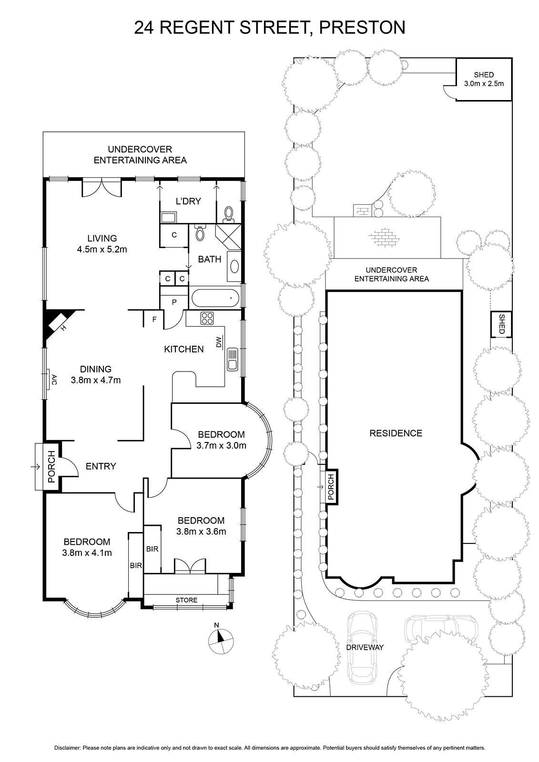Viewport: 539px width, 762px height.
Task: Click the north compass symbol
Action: (x=221, y=640)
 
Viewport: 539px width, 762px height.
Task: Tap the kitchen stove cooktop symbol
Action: (x=207, y=318)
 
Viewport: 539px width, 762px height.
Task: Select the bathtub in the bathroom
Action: (x=215, y=298)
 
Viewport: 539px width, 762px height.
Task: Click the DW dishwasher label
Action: (x=219, y=342)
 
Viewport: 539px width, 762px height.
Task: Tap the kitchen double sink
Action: (x=233, y=359)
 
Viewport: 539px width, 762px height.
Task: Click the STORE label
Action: (x=186, y=600)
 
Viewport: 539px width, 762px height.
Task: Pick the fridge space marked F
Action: (x=154, y=320)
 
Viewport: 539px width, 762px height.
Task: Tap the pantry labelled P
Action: (x=174, y=302)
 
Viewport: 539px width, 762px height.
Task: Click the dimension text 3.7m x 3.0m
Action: (x=221, y=445)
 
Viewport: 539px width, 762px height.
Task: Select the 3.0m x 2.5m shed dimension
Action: (x=484, y=83)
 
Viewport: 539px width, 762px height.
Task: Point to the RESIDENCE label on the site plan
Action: (x=396, y=433)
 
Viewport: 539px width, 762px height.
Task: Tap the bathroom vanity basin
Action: (x=234, y=266)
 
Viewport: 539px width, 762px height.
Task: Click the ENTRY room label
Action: (x=101, y=466)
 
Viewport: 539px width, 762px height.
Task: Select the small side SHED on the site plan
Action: (x=501, y=324)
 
